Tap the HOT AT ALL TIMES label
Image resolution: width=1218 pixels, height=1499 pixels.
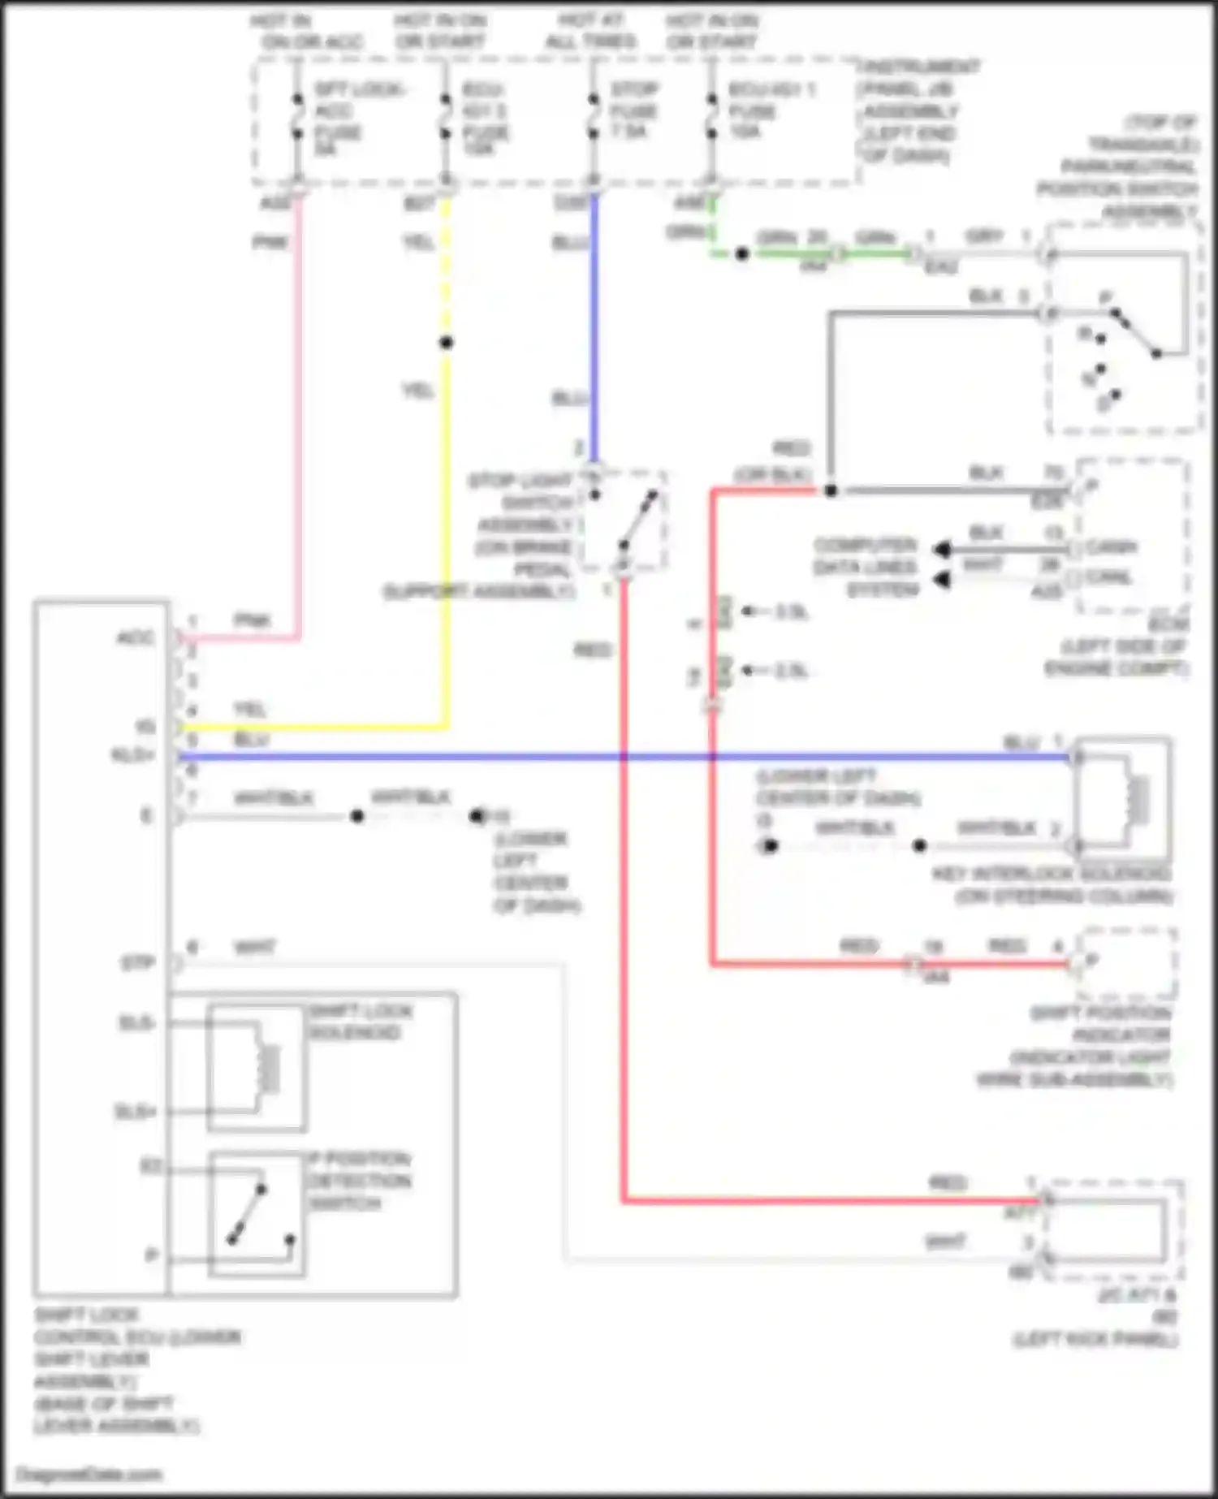(x=590, y=31)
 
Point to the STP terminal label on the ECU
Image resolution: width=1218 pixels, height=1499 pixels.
(x=137, y=965)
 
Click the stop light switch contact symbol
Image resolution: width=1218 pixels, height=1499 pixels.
(x=637, y=520)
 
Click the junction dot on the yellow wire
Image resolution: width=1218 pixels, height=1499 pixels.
(x=446, y=343)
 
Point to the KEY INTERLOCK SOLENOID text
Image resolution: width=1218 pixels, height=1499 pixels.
(x=1051, y=875)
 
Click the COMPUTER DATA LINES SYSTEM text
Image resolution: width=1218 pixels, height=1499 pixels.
(x=866, y=567)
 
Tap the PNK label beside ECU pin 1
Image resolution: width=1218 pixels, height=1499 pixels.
(x=253, y=621)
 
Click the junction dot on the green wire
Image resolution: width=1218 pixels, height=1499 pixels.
(x=741, y=254)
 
